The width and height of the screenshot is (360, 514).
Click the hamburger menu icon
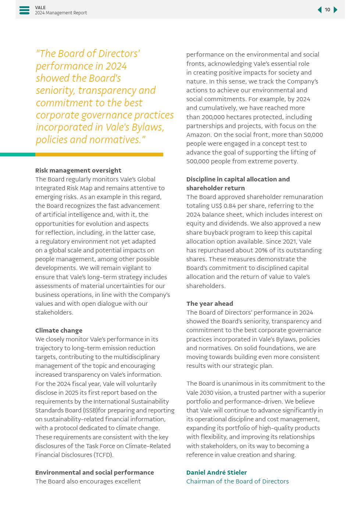click(24, 10)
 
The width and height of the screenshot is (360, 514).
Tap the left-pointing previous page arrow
click(320, 10)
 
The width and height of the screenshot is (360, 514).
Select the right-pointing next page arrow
click(335, 10)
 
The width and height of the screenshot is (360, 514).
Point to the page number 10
click(327, 10)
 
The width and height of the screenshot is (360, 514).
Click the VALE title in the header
click(40, 7)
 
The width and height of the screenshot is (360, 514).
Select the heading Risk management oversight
click(78, 170)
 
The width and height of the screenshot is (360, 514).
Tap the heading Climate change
click(58, 330)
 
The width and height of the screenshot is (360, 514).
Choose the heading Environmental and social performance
click(95, 472)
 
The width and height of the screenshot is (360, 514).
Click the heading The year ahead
click(210, 304)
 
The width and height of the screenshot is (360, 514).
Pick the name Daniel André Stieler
click(216, 472)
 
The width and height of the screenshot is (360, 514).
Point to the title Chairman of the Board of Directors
click(237, 481)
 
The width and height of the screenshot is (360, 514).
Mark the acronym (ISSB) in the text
click(90, 410)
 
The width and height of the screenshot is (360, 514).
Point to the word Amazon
click(199, 135)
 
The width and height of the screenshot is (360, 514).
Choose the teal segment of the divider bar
click(18, 155)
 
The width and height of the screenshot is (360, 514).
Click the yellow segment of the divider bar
click(99, 155)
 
